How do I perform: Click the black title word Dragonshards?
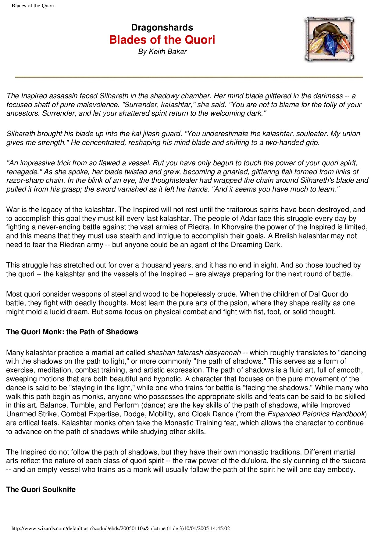(162, 27)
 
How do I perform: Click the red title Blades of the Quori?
(162, 40)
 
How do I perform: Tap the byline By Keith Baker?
(162, 52)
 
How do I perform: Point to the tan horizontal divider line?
(189, 77)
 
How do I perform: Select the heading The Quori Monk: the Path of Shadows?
(72, 332)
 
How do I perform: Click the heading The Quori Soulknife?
(41, 490)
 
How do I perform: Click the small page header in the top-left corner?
(33, 6)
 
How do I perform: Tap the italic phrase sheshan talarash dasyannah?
(194, 353)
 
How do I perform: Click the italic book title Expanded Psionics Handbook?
(316, 414)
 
